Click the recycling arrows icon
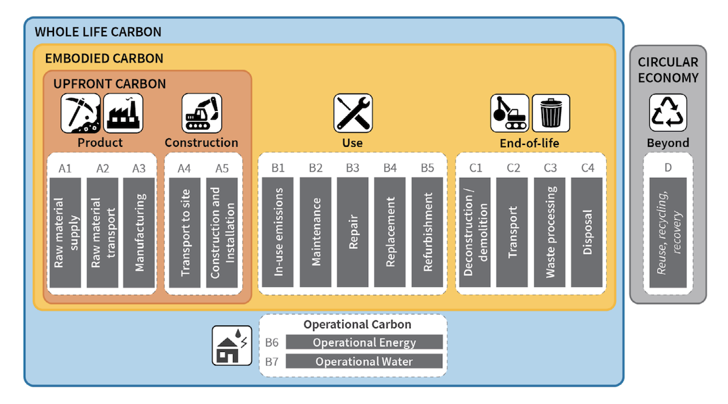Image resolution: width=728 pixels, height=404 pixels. pyautogui.click(x=668, y=113)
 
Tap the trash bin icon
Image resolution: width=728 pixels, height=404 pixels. pyautogui.click(x=551, y=113)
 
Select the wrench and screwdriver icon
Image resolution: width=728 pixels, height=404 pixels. pyautogui.click(x=352, y=113)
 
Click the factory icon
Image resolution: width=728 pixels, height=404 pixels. pyautogui.click(x=123, y=113)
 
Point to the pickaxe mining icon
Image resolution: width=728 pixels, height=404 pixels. pyautogui.click(x=80, y=113)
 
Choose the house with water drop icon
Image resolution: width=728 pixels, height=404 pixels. pyautogui.click(x=231, y=345)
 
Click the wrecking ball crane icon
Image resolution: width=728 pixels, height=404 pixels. pyautogui.click(x=509, y=113)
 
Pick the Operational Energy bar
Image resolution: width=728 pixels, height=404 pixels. pyautogui.click(x=364, y=342)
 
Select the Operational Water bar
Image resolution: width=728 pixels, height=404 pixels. pyautogui.click(x=364, y=362)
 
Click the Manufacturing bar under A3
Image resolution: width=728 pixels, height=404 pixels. pyautogui.click(x=140, y=232)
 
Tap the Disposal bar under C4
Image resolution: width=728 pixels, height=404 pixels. pyautogui.click(x=587, y=232)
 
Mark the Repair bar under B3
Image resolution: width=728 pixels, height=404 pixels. pyautogui.click(x=353, y=232)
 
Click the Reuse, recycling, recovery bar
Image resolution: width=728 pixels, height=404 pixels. pyautogui.click(x=668, y=232)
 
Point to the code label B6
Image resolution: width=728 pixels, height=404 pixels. pyautogui.click(x=272, y=342)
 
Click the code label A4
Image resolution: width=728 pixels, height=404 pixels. pyautogui.click(x=184, y=168)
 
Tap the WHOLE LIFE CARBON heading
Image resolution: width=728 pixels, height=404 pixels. pyautogui.click(x=98, y=32)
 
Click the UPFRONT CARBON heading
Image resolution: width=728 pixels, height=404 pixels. pyautogui.click(x=110, y=84)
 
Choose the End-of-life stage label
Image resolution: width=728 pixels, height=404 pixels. pyautogui.click(x=530, y=143)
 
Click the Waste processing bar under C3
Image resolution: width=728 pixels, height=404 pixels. pyautogui.click(x=550, y=232)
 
